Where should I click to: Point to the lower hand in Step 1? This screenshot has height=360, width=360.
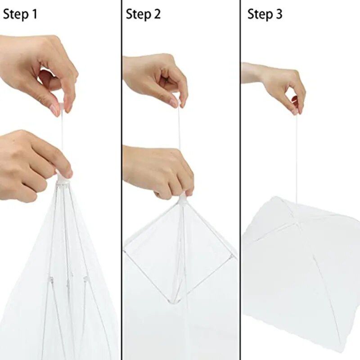31,164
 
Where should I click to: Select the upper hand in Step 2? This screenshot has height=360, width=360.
155,79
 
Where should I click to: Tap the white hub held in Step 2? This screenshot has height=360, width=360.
182,198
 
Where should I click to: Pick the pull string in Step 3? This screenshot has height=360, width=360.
296,157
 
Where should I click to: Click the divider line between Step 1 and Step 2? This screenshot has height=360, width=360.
121,180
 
